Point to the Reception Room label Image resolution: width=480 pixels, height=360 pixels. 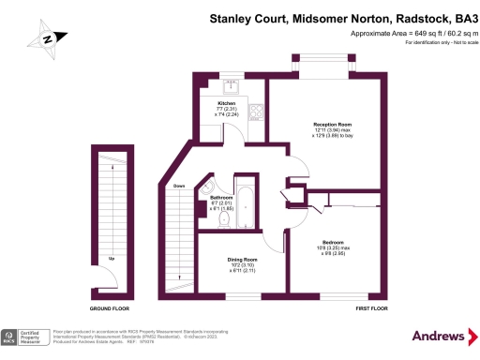(x=332, y=128)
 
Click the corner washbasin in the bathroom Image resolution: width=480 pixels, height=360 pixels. (x=207, y=188)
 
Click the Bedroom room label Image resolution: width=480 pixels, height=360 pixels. (x=334, y=247)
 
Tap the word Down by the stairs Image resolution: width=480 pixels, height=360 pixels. (x=178, y=187)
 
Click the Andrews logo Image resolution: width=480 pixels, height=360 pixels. (x=438, y=336)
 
